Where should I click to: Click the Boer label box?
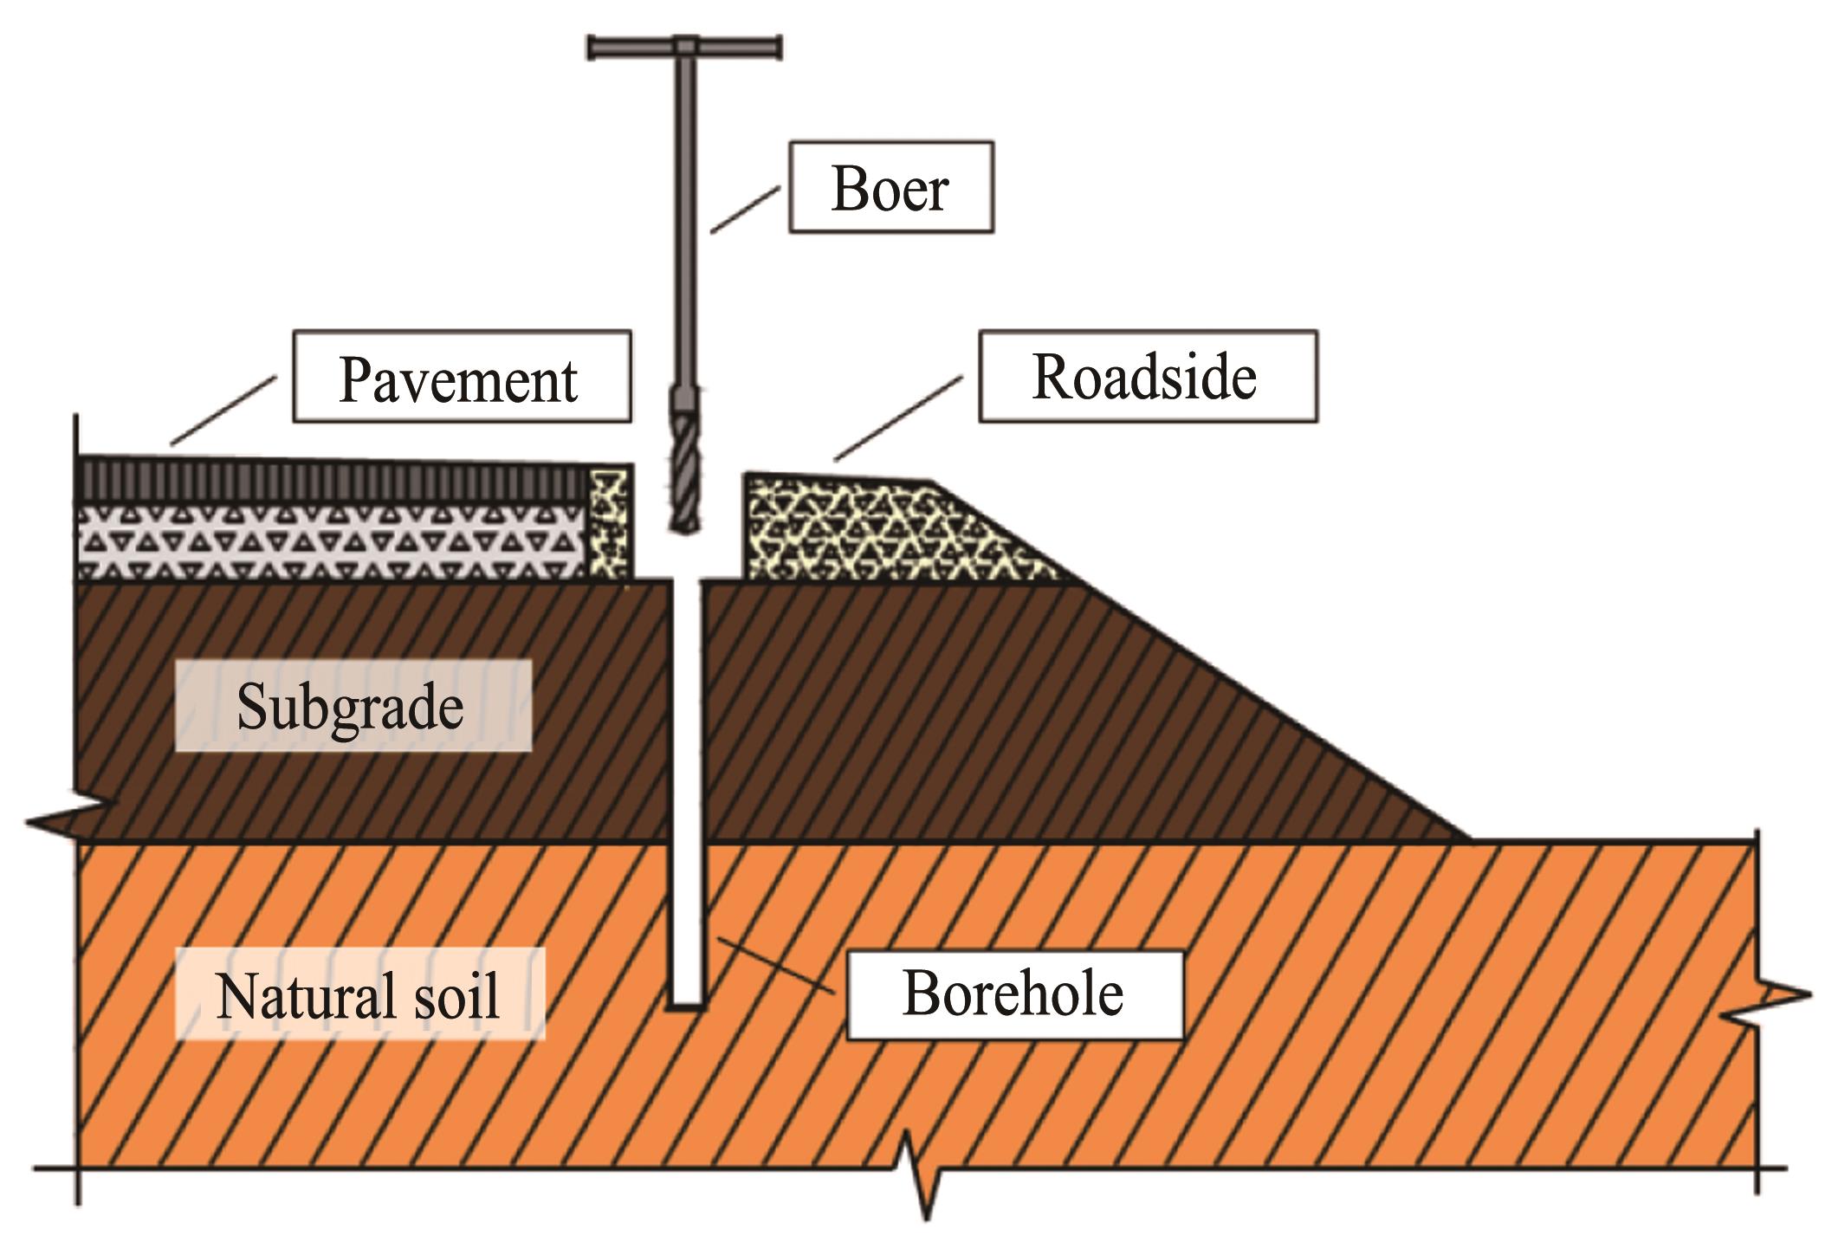(891, 188)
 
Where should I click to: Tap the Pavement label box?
(462, 376)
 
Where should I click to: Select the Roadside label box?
(1148, 376)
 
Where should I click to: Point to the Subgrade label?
(353, 705)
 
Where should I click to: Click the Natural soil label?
(359, 993)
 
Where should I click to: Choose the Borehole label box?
(1014, 993)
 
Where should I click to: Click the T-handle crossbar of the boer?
(684, 47)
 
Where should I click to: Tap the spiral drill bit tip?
(685, 528)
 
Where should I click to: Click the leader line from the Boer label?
(744, 210)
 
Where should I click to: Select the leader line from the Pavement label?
(223, 411)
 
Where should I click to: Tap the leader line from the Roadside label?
(898, 417)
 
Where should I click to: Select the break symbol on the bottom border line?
(918, 1171)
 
